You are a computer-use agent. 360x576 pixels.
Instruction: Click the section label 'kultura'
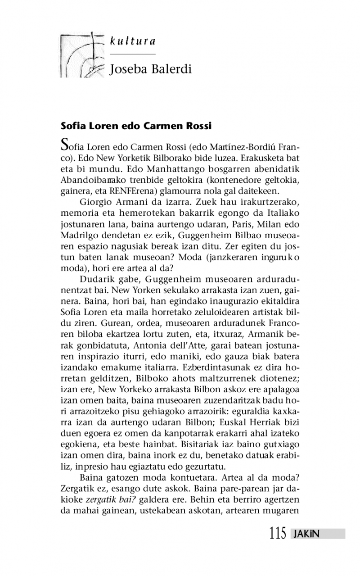coord(133,41)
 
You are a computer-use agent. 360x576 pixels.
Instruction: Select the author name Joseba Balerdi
coord(151,69)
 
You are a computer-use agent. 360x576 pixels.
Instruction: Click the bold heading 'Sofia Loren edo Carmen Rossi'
coord(136,126)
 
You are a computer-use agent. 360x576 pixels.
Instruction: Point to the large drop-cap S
coord(65,145)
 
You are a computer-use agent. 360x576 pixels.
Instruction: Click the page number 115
coord(278,534)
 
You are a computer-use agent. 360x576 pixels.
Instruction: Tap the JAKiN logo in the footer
coord(306,534)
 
